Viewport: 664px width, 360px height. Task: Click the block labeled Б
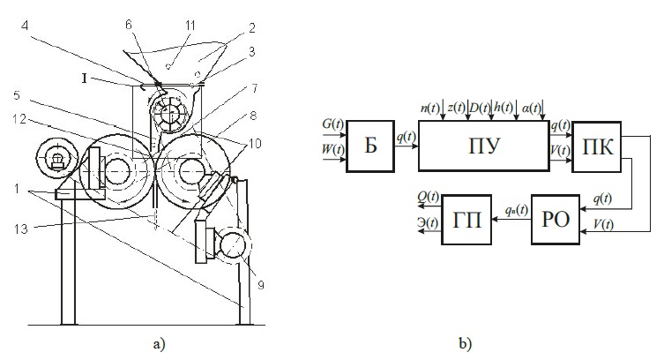pos(370,145)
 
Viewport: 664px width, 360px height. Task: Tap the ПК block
pos(593,144)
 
